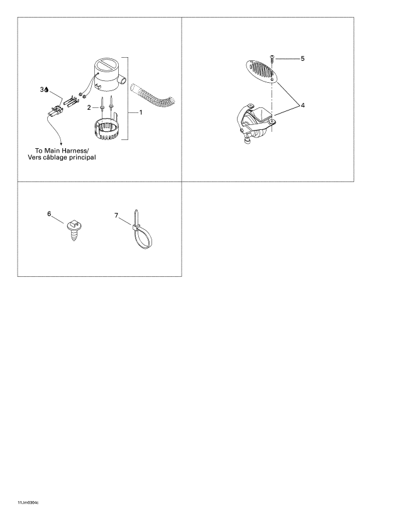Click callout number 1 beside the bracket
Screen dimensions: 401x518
click(141, 112)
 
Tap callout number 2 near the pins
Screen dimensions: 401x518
click(89, 107)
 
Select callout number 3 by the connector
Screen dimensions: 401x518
click(42, 90)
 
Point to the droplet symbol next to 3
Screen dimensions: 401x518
click(47, 90)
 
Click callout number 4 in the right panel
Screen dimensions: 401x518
click(303, 105)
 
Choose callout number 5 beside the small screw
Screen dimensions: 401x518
click(302, 58)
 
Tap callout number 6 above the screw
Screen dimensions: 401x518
click(49, 213)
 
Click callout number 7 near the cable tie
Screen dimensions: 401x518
click(116, 215)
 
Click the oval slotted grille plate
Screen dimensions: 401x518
click(263, 71)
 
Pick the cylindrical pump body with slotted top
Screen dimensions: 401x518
click(106, 75)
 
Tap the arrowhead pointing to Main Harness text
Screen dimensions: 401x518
click(61, 143)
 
